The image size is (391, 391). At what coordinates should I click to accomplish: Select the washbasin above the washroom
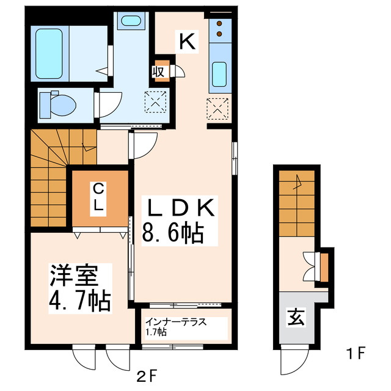point(130,20)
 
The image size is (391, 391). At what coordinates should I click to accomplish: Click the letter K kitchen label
point(186,41)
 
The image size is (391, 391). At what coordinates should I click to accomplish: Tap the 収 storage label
point(159,71)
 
